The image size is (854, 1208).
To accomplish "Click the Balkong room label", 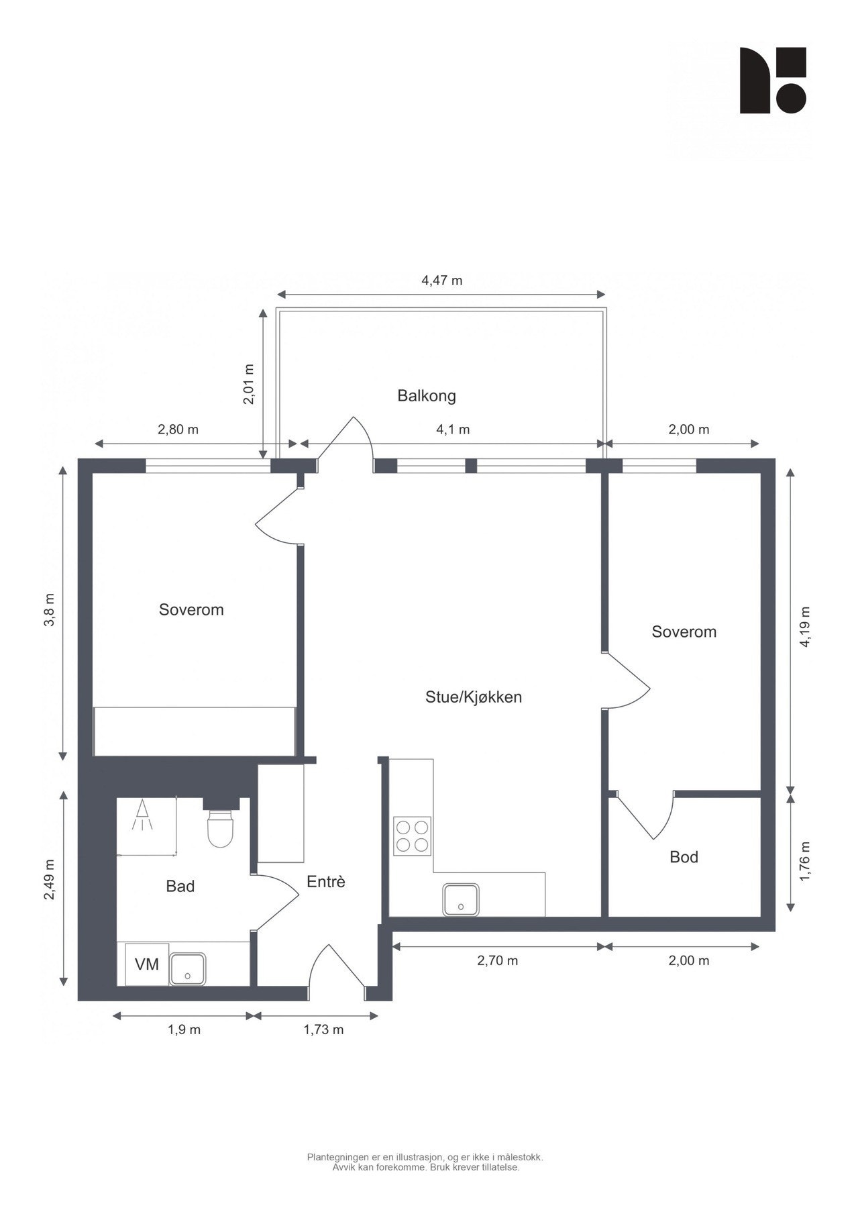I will [x=427, y=395].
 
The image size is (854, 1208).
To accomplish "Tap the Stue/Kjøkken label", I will [x=474, y=697].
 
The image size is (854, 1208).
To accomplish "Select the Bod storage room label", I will [x=684, y=857].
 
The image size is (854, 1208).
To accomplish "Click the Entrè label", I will [x=326, y=882].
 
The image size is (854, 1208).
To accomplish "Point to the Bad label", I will [x=180, y=887].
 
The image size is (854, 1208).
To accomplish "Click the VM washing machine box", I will [x=147, y=964].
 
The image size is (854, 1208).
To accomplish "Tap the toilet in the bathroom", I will [x=220, y=829].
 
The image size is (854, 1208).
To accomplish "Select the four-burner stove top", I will [x=412, y=836].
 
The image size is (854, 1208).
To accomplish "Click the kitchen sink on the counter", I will [x=461, y=899].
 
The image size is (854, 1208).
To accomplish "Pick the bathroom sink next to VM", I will [x=188, y=968].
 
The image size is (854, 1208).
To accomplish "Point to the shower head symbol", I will [x=142, y=815].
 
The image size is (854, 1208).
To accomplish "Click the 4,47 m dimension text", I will [x=441, y=281].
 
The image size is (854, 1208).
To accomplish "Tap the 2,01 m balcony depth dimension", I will [x=249, y=384].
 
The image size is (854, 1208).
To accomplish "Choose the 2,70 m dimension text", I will [x=497, y=960].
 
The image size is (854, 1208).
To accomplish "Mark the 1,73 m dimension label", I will [x=323, y=1029].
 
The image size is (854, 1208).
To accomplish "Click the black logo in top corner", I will [x=773, y=81].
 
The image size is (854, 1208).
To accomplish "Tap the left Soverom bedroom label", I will [x=191, y=610].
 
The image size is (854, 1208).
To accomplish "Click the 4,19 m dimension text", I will [x=806, y=626].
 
